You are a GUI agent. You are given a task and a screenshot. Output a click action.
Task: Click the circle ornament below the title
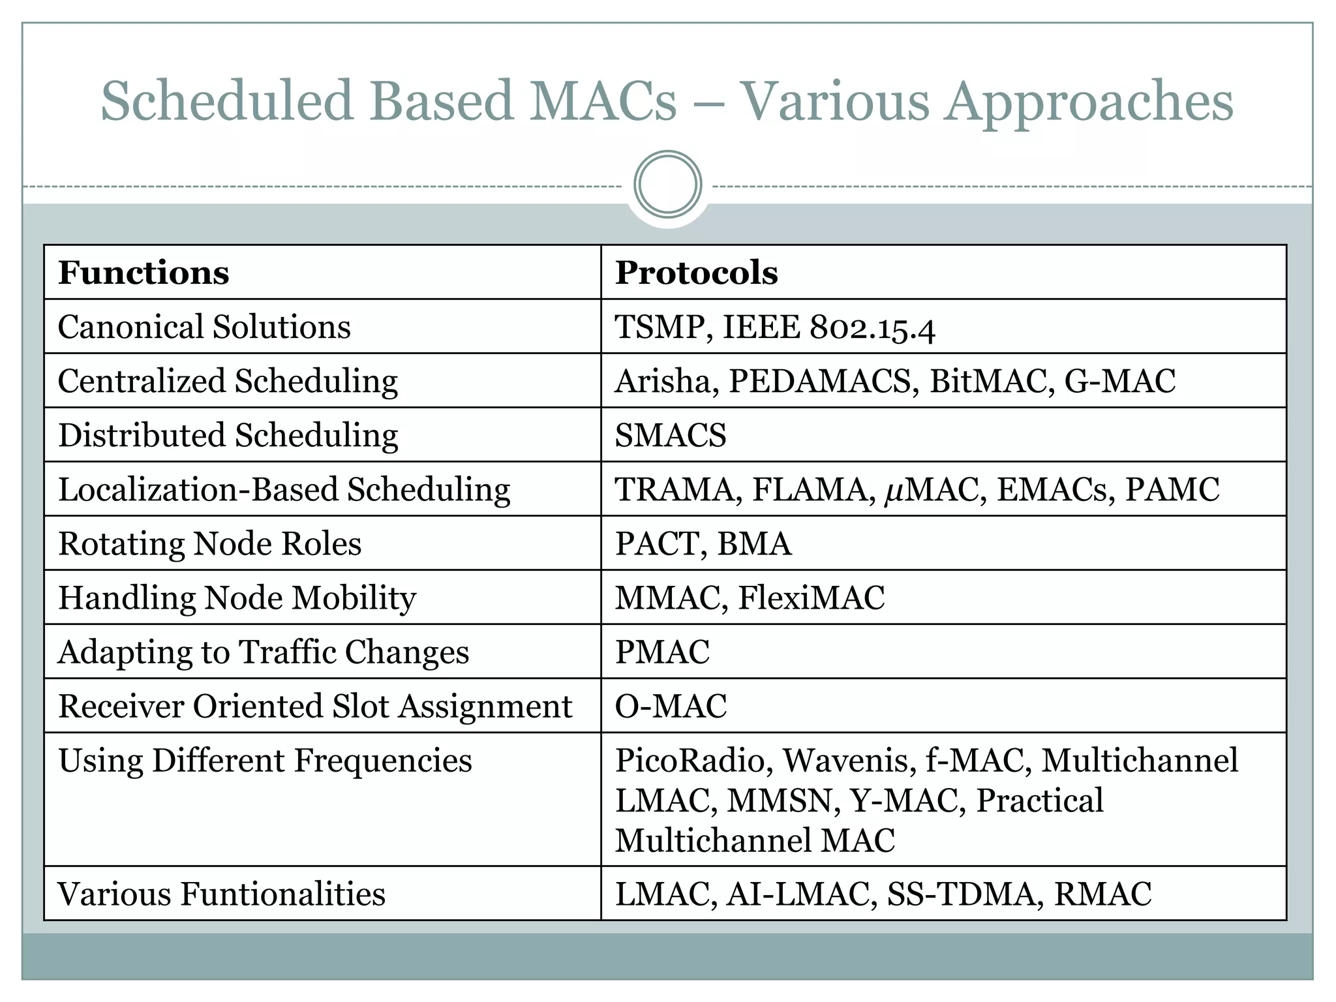[x=667, y=185]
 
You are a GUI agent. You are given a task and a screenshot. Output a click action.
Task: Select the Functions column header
[x=144, y=273]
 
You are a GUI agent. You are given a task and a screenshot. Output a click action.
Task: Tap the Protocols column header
[x=696, y=273]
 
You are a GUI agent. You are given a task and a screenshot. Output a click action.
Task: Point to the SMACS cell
[x=670, y=435]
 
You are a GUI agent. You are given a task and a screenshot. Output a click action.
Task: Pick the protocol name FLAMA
[x=810, y=489]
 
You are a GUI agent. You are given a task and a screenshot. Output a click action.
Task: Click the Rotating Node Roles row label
[x=209, y=543]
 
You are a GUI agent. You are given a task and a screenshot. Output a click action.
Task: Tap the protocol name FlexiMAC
[x=812, y=598]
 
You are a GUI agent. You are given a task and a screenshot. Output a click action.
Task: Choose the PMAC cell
[x=662, y=652]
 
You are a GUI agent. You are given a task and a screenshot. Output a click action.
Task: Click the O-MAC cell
[x=671, y=706]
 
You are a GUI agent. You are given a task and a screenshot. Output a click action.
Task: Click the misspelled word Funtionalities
[x=282, y=894]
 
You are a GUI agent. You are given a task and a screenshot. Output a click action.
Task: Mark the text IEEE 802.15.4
[x=828, y=327]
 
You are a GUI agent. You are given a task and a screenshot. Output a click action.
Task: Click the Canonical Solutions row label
[x=204, y=327]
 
